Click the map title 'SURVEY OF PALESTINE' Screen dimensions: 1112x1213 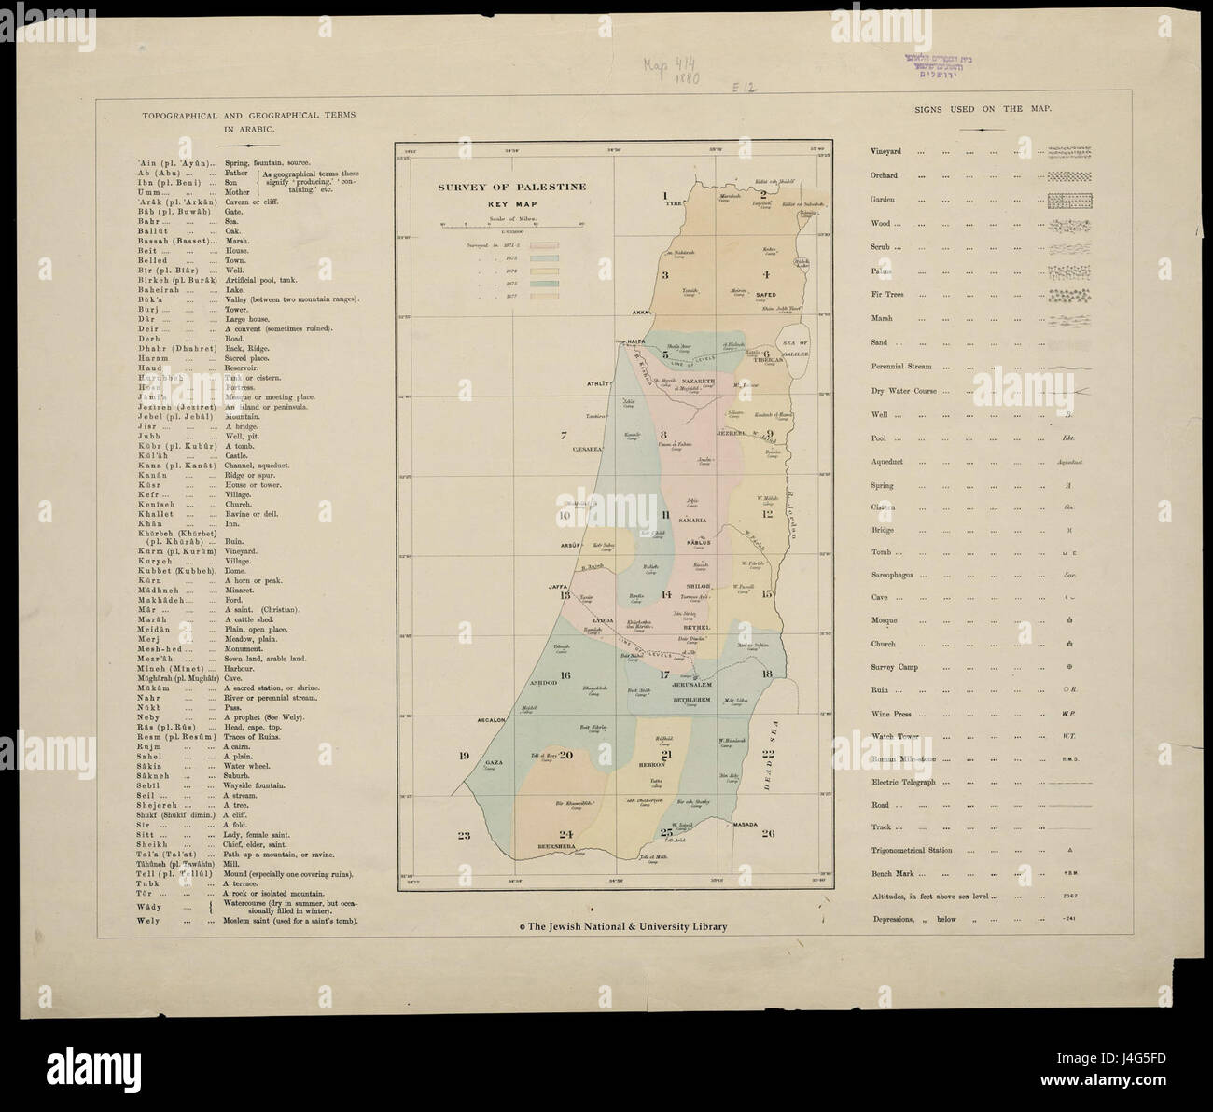512,187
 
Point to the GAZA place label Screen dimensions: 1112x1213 495,762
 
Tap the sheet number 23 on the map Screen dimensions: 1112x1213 464,836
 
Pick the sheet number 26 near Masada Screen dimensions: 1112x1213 767,834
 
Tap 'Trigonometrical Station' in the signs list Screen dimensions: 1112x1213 913,850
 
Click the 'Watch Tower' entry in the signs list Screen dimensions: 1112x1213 895,736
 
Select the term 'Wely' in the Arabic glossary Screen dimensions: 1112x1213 147,921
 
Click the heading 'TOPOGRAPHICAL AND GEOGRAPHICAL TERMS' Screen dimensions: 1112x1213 243,115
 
